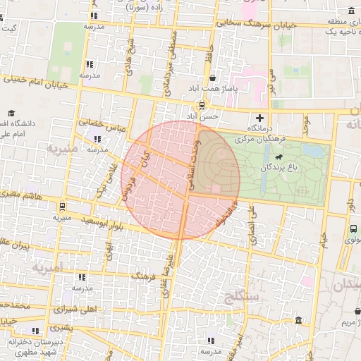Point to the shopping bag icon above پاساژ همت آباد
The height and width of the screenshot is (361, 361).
pos(213,78)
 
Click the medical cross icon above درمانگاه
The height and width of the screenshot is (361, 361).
pos(260,117)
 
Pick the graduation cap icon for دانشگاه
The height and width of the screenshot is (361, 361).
pos(12,113)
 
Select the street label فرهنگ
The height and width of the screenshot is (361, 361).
pos(143,274)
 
